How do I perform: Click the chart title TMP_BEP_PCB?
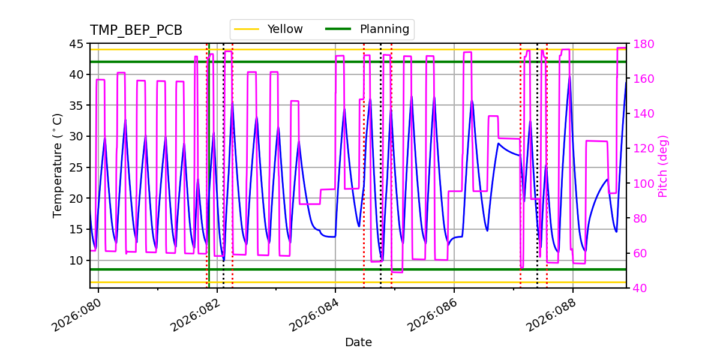click(136, 31)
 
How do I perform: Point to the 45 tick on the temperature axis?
click(76, 44)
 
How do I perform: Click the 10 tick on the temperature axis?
click(76, 260)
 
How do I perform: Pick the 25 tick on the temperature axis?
click(76, 167)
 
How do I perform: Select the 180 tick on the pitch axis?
click(641, 44)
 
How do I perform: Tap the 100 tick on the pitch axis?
click(641, 184)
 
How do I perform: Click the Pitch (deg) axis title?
click(663, 166)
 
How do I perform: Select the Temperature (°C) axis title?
click(58, 166)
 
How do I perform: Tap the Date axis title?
click(358, 343)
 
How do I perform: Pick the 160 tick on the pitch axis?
click(641, 79)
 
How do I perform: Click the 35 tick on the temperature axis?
click(76, 106)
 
